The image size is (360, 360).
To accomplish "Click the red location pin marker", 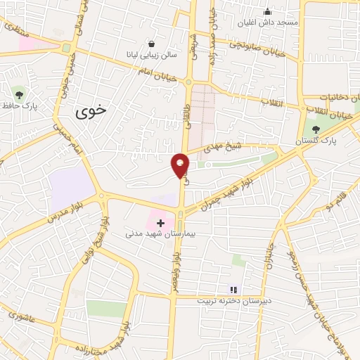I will point(180,165).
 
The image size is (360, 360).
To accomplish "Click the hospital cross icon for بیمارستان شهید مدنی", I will point(161,221).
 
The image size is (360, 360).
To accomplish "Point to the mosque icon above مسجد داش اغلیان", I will point(267,11).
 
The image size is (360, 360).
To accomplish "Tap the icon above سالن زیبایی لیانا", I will point(152,44).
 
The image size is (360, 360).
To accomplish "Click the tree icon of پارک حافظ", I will point(18,94).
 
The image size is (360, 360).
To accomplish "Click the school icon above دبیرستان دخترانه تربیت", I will point(233,289).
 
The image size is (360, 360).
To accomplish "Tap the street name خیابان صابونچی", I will point(260,49).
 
